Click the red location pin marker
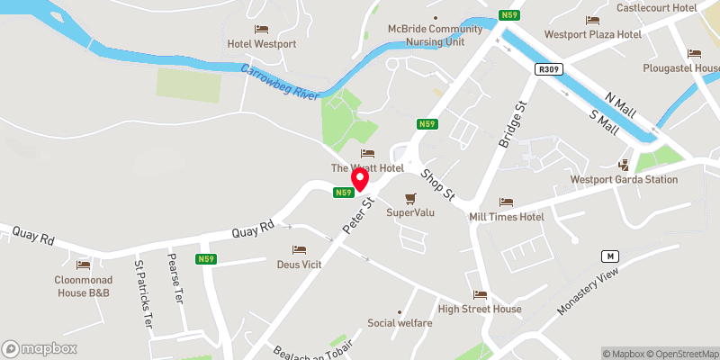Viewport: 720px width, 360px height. pyautogui.click(x=360, y=181)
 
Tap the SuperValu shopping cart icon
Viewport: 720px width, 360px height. pyautogui.click(x=411, y=198)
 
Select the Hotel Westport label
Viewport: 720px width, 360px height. pyautogui.click(x=262, y=43)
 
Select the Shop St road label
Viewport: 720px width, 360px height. pyautogui.click(x=439, y=184)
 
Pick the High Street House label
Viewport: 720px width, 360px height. pyautogui.click(x=480, y=310)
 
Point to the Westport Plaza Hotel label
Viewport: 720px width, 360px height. pyautogui.click(x=592, y=34)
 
